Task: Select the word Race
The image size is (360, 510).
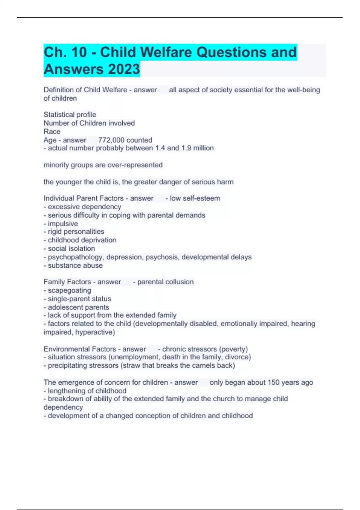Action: click(x=52, y=132)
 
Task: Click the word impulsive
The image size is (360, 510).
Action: click(x=63, y=224)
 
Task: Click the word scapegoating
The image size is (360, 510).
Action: click(x=69, y=290)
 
